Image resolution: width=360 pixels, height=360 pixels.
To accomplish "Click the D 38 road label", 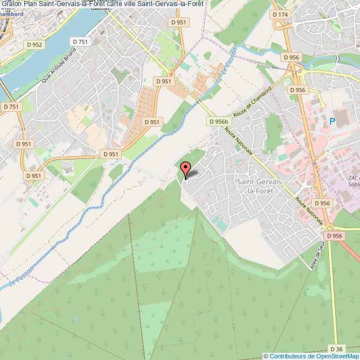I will point(336,349).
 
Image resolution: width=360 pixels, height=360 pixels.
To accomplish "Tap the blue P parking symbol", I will point(332,121).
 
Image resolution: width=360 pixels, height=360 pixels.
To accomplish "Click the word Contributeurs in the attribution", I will point(289,356).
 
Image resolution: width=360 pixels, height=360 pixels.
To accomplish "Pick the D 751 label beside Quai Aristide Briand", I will point(80,42).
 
